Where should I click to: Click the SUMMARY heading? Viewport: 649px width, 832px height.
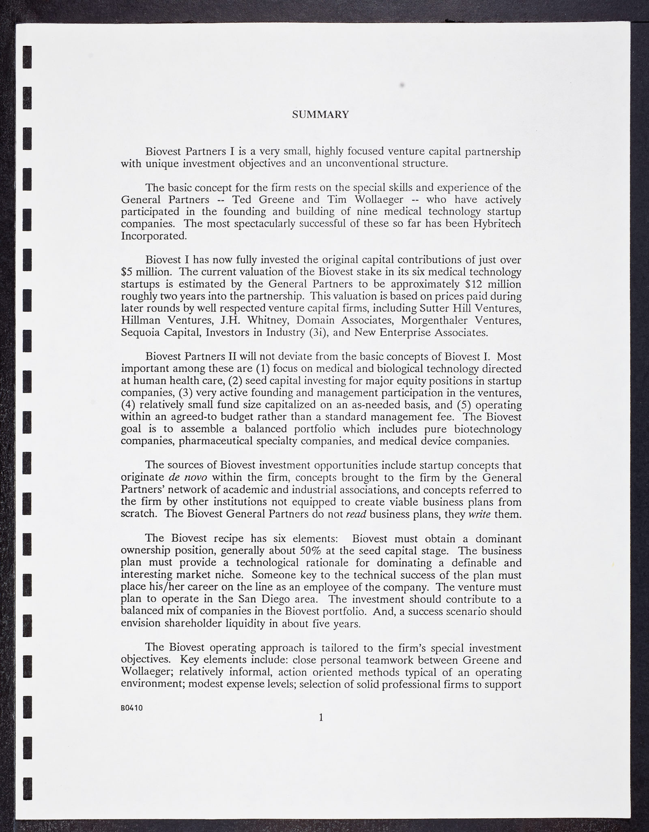click(x=320, y=115)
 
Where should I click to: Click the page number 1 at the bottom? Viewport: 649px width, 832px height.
click(x=321, y=717)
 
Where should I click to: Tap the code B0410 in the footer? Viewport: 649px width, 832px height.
click(x=131, y=708)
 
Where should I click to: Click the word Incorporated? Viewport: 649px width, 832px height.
click(x=154, y=236)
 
